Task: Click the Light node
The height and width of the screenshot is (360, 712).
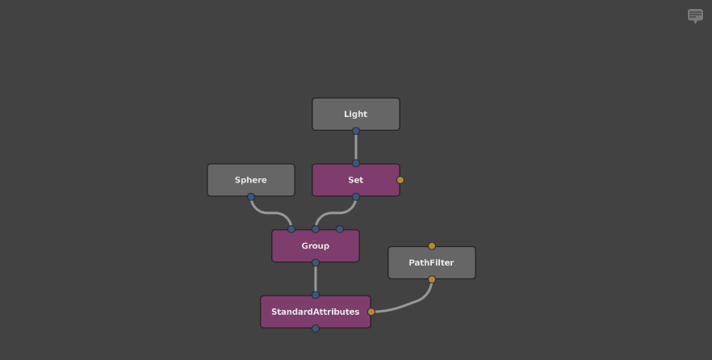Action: click(x=355, y=114)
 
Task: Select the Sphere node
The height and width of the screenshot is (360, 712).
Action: click(x=250, y=179)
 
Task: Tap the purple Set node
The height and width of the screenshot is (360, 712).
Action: click(x=355, y=179)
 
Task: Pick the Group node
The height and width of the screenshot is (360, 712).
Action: click(x=315, y=245)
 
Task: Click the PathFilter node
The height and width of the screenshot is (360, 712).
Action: click(x=431, y=262)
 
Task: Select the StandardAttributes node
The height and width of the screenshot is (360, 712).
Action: click(x=315, y=312)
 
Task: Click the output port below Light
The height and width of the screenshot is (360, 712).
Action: click(x=355, y=131)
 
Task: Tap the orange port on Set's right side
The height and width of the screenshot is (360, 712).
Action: click(x=400, y=180)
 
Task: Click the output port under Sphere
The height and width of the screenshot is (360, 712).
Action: click(x=251, y=197)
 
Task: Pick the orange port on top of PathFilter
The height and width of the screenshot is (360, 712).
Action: click(x=432, y=246)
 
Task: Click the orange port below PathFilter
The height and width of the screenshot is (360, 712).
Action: click(x=432, y=279)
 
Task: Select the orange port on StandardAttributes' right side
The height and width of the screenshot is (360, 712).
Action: click(x=371, y=312)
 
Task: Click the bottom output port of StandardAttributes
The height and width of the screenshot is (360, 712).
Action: click(x=316, y=329)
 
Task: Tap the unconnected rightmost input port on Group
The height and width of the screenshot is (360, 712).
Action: click(x=340, y=229)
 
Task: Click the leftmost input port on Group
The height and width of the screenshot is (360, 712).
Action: click(x=291, y=229)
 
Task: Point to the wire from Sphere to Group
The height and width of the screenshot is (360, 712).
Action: click(x=270, y=213)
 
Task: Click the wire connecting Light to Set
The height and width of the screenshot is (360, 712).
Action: click(x=355, y=147)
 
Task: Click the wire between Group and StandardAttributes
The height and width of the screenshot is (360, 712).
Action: click(x=316, y=278)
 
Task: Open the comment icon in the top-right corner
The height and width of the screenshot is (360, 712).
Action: click(x=695, y=15)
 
